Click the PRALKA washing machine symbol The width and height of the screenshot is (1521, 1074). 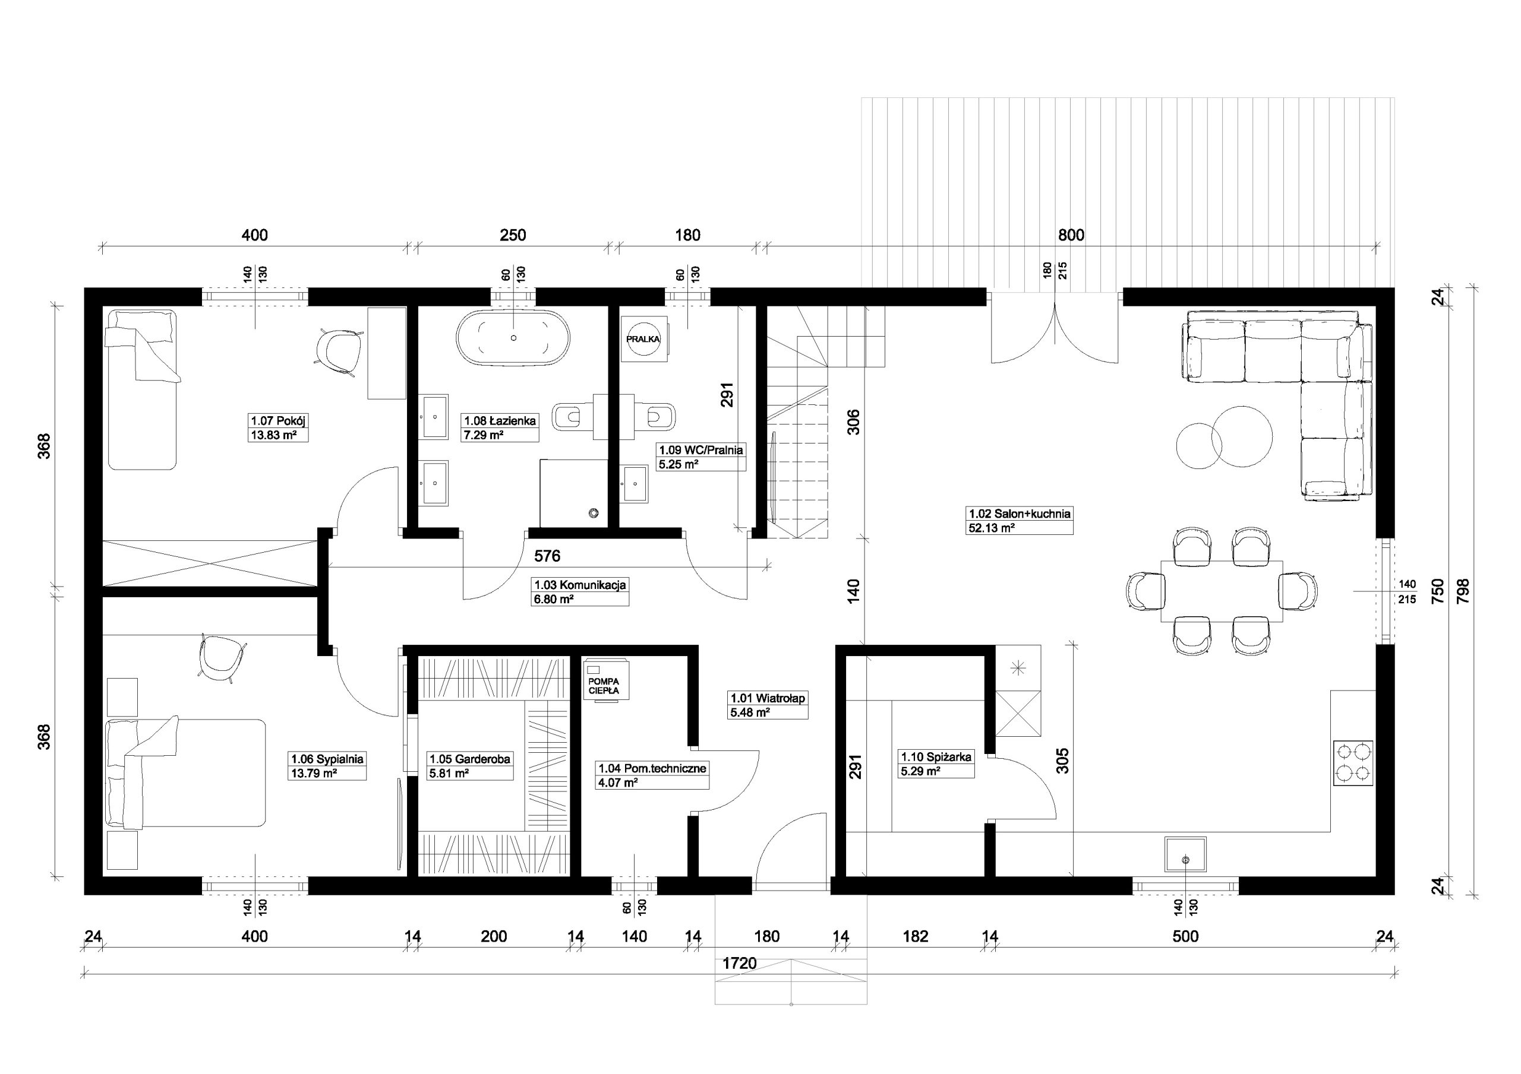coord(643,339)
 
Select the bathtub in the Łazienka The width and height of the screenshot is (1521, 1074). coord(513,338)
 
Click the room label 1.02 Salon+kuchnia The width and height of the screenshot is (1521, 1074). coord(1020,513)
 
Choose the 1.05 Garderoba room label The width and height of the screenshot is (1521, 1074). coord(470,759)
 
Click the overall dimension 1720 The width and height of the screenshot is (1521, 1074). coord(739,964)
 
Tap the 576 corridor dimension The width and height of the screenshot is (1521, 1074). coord(547,556)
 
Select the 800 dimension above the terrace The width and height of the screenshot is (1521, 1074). coord(1071,235)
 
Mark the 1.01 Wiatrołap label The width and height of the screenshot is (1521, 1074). coord(767,698)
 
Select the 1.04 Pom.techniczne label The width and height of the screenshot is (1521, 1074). coord(652,768)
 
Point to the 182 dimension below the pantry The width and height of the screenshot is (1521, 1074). coord(916,936)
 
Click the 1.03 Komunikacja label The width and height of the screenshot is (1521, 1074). coord(580,585)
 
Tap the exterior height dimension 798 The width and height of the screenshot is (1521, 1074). coord(1463,591)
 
